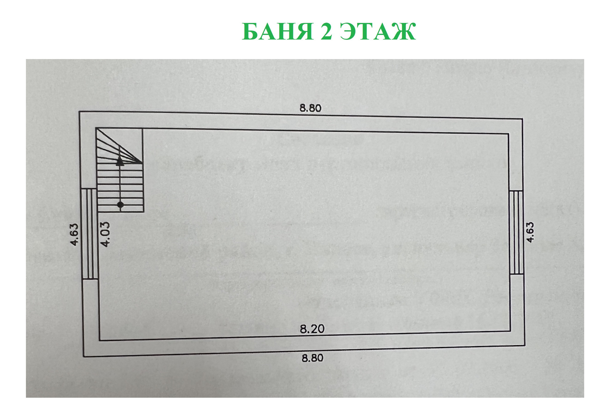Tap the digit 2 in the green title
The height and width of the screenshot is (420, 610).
click(327, 32)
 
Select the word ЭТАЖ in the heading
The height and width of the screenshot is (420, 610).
click(378, 32)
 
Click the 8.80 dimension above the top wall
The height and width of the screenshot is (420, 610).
click(310, 108)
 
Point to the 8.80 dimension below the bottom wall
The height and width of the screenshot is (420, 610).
click(312, 358)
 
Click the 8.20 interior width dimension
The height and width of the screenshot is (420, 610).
click(312, 329)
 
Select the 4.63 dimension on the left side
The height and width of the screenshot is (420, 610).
click(74, 235)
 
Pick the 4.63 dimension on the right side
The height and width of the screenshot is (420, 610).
click(530, 232)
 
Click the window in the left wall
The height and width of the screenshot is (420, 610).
click(89, 234)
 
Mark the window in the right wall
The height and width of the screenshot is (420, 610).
click(516, 232)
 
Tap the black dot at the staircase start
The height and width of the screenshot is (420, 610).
click(120, 205)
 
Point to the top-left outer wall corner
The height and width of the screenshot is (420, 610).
click(79, 111)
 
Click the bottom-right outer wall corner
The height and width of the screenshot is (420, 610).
click(525, 345)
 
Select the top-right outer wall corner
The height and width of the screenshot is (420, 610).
click(523, 119)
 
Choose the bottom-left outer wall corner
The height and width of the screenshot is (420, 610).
click(84, 357)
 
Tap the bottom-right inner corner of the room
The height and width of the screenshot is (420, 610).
click(510, 331)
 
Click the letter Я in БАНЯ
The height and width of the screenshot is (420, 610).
click(302, 32)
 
